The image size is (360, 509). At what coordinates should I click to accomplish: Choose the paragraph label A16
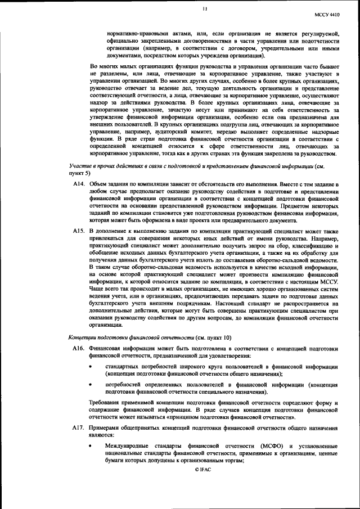click(x=78, y=349)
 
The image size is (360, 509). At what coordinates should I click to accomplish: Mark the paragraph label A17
click(x=78, y=429)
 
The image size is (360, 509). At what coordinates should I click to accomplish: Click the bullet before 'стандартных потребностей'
click(x=91, y=366)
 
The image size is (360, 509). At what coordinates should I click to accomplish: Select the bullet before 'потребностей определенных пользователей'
click(x=91, y=384)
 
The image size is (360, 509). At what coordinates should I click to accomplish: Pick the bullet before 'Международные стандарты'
click(x=91, y=445)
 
